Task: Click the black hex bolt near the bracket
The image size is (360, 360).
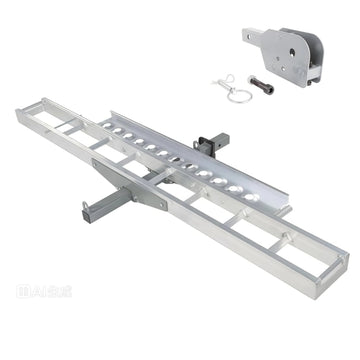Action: (266, 87)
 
